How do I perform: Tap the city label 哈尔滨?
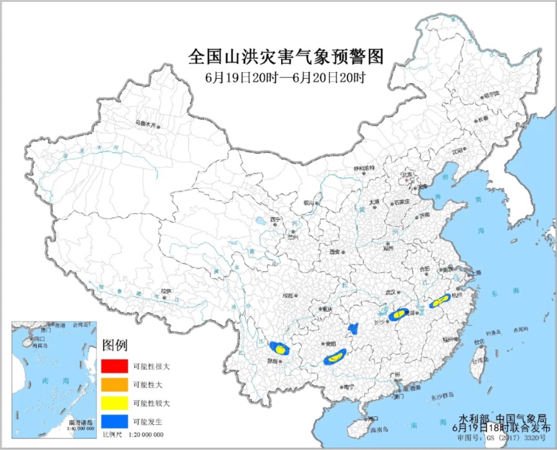coord(491,94)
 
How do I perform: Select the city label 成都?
coord(287,296)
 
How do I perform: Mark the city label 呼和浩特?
coord(364,168)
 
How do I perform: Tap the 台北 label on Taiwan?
coord(480,342)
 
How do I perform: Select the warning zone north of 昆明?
coord(280,349)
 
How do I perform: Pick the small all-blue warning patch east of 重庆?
coord(352,329)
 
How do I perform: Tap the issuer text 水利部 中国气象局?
coord(503,418)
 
